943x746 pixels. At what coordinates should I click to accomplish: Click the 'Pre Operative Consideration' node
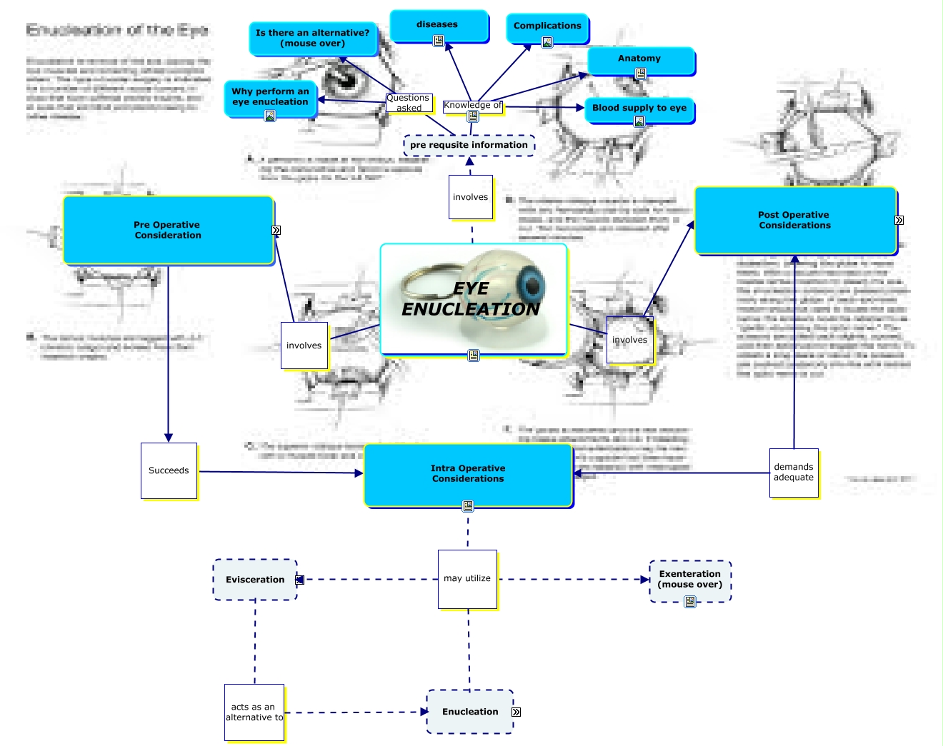[168, 230]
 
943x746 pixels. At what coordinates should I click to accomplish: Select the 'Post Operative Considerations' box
[794, 220]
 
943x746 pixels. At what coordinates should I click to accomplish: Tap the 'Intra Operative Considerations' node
[468, 474]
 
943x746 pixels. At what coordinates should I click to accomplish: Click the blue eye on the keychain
[531, 285]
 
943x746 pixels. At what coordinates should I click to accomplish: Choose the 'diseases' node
[438, 25]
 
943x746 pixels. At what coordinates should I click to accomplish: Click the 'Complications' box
[547, 26]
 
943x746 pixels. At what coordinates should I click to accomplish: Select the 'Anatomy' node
[640, 59]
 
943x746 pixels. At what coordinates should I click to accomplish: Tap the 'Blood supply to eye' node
[639, 109]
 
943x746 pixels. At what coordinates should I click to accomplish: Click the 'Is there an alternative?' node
[312, 38]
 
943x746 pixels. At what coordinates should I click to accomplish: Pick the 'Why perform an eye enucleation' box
[270, 97]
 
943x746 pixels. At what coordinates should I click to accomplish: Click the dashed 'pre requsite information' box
[469, 145]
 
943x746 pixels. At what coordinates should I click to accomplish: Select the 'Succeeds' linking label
[169, 471]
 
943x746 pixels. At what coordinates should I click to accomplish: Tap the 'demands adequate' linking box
[794, 473]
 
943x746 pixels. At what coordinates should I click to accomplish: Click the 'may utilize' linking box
[467, 579]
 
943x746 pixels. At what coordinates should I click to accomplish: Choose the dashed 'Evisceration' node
[255, 580]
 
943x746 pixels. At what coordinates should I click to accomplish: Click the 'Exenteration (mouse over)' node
[690, 580]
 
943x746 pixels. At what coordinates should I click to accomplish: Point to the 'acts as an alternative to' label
[254, 712]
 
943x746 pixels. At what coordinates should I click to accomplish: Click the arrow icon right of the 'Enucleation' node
[517, 712]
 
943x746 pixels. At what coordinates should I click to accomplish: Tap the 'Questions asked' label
[409, 104]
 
